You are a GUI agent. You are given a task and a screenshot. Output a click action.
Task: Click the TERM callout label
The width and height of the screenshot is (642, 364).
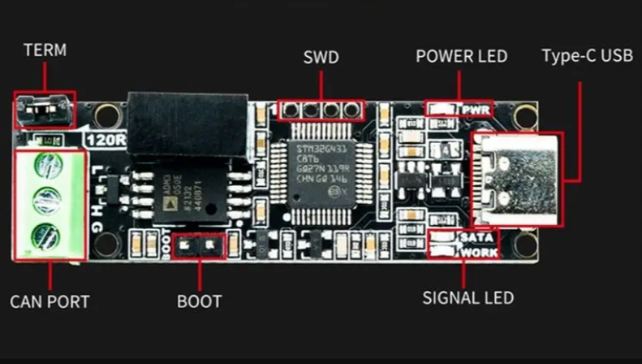pos(45,50)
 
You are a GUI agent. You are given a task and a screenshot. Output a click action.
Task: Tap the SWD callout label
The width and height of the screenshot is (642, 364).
pos(321,58)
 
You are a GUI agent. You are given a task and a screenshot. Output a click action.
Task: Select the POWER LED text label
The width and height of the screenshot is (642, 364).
pos(461,57)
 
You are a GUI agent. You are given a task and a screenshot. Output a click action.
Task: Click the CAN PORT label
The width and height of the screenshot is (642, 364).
pos(50,302)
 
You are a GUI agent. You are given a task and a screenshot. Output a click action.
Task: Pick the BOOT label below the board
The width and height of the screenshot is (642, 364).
pos(199,302)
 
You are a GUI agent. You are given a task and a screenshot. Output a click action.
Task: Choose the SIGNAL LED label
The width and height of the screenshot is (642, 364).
pos(467,298)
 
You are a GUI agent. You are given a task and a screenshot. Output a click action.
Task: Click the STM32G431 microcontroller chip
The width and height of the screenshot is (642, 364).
pos(323,173)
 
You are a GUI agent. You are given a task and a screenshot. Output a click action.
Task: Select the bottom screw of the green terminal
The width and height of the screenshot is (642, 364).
pos(45,237)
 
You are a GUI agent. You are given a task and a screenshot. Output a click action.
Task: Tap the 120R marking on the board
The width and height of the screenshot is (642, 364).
pos(106,140)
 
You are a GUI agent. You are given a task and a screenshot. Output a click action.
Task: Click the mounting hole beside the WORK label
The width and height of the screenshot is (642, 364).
pos(524,244)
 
